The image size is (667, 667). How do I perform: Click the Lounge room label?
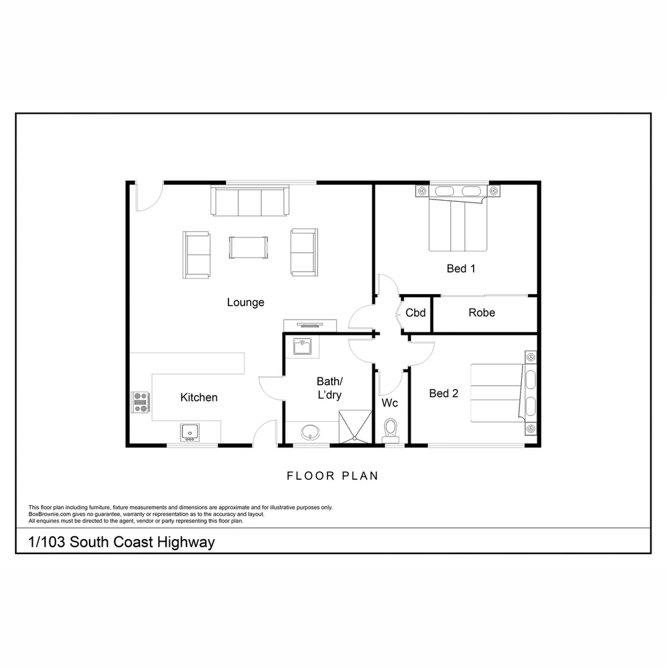(x=245, y=303)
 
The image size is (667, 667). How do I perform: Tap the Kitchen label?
(x=199, y=397)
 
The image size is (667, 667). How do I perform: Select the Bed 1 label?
(x=461, y=269)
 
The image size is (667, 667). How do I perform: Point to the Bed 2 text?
(x=443, y=393)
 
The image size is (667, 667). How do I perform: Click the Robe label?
(x=482, y=313)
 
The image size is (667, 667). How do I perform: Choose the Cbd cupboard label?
(x=416, y=313)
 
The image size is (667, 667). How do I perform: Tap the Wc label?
(x=390, y=403)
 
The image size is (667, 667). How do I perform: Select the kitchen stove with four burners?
(x=140, y=403)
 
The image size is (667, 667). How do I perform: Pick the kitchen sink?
(x=189, y=431)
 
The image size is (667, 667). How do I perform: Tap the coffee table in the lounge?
(x=249, y=247)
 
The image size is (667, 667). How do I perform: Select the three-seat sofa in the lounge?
(x=250, y=201)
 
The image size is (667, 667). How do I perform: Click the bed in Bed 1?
(x=458, y=223)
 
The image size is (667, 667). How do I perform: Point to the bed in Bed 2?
(x=498, y=393)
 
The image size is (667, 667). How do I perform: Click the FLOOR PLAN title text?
(x=333, y=476)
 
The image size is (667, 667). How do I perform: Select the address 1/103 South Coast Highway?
(x=122, y=542)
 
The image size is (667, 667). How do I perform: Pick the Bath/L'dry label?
(x=329, y=388)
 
